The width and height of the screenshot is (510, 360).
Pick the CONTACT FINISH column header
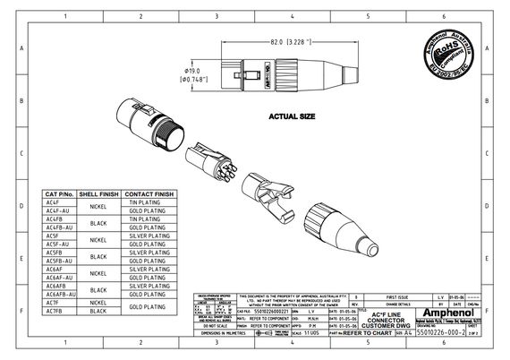coord(149,193)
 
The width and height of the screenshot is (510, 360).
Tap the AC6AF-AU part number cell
coord(58,277)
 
